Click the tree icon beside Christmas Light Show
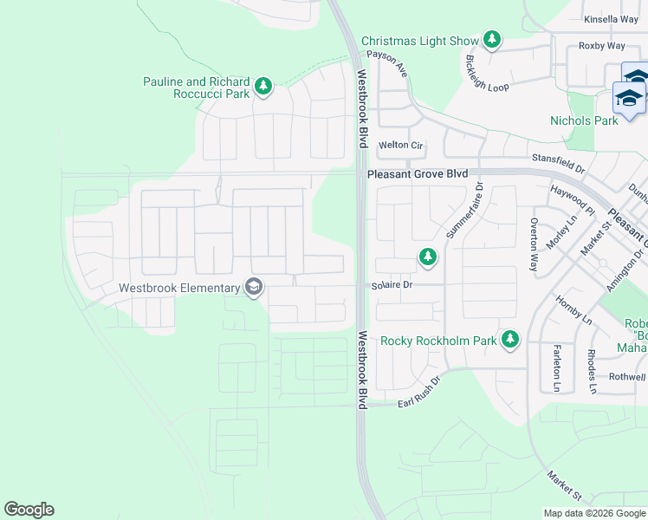click(x=492, y=40)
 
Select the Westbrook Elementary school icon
click(x=254, y=288)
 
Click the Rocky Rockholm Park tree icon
click(x=511, y=340)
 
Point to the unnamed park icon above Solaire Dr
click(x=427, y=257)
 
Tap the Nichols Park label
click(x=584, y=120)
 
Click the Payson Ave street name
click(x=386, y=63)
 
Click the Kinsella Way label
click(x=611, y=18)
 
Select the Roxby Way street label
click(x=601, y=46)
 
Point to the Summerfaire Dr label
click(x=462, y=211)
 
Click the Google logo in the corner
click(x=29, y=510)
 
